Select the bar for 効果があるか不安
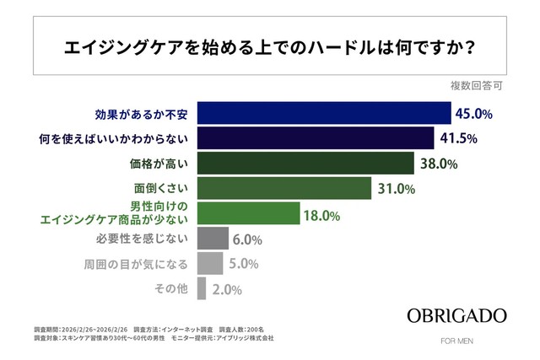pyautogui.click(x=324, y=113)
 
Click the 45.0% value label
pyautogui.click(x=475, y=113)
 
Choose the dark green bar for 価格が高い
pyautogui.click(x=305, y=164)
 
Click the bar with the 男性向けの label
pyautogui.click(x=248, y=214)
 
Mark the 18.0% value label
pyautogui.click(x=321, y=216)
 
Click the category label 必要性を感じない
pyautogui.click(x=148, y=239)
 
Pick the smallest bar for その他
pyautogui.click(x=201, y=289)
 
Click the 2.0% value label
pyautogui.click(x=226, y=290)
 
